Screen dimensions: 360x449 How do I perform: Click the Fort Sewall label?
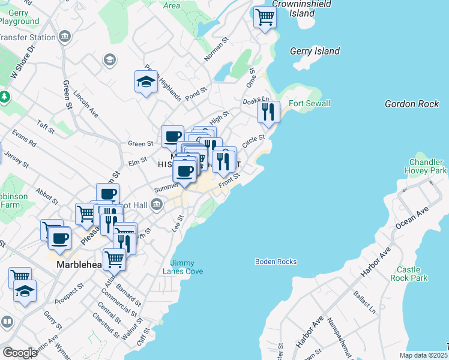309,104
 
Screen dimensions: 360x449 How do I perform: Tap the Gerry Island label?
315,52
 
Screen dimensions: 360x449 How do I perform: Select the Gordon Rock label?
412,104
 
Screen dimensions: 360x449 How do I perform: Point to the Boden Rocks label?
276,262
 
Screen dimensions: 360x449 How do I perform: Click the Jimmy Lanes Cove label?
186,267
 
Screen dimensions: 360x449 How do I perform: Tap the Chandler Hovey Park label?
427,167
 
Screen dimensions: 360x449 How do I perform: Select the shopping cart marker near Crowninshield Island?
265,17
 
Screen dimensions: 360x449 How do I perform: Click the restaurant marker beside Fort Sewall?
268,112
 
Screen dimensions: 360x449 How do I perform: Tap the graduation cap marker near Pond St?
146,82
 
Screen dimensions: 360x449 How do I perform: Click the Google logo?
19,353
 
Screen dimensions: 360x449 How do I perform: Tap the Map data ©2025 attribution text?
424,355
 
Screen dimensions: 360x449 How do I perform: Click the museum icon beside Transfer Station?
64,37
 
